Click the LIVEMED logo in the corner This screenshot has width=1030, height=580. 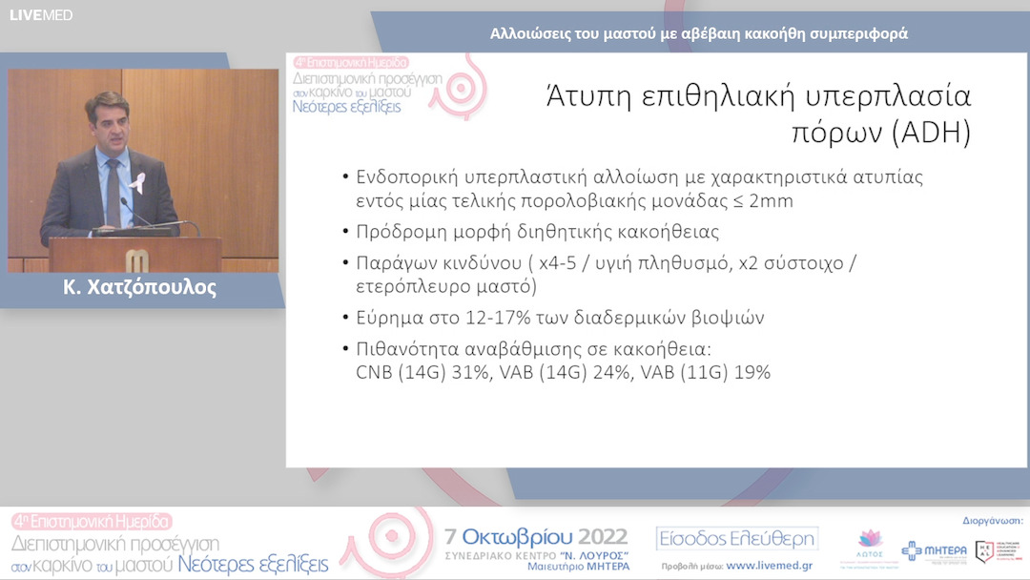(41, 15)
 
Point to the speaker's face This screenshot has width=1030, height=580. (107, 124)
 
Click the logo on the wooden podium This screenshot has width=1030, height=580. (135, 259)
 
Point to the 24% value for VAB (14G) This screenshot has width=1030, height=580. (614, 372)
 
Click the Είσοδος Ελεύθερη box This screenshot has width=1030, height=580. (737, 539)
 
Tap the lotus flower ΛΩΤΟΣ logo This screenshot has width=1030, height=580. (870, 545)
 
